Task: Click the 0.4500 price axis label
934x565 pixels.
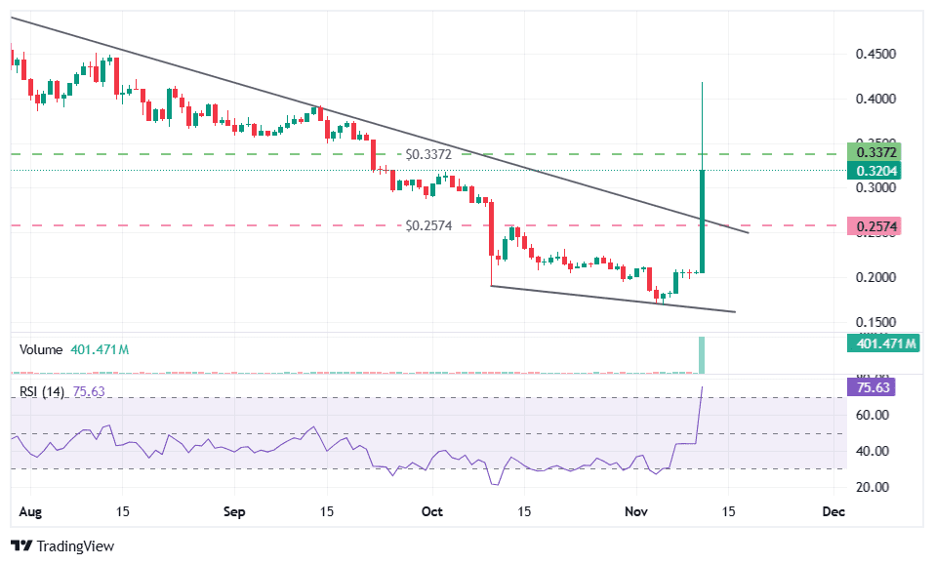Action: [876, 55]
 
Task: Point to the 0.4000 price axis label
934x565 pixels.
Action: [876, 99]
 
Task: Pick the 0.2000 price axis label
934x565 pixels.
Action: [876, 277]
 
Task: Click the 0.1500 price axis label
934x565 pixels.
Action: [876, 322]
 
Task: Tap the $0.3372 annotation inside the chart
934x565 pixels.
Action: [429, 154]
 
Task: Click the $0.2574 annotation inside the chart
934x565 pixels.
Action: [429, 225]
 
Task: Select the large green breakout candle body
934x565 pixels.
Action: [702, 222]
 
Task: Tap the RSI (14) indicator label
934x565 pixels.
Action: [43, 392]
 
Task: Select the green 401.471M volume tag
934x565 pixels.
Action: [885, 343]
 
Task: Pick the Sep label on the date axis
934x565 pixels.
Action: [233, 511]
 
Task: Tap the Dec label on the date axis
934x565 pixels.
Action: [832, 511]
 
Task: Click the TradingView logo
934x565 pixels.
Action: [62, 546]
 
